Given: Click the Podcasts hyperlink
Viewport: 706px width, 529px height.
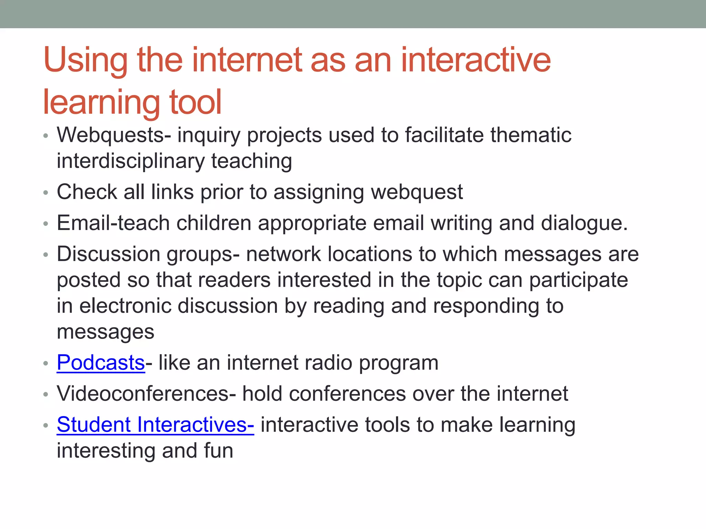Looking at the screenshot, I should click(x=101, y=363).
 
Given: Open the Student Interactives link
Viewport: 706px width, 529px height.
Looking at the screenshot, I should click(x=155, y=424).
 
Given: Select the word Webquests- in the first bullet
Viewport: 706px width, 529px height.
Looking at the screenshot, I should click(x=114, y=135).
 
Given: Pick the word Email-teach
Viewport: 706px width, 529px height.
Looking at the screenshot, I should click(x=113, y=223).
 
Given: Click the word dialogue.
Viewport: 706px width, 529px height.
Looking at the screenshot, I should click(x=584, y=223).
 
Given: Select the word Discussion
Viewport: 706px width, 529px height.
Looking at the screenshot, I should click(x=108, y=254).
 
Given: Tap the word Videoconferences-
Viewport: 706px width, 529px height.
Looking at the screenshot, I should click(x=146, y=394).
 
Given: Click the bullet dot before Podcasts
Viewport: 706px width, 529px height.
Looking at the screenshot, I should click(x=46, y=363).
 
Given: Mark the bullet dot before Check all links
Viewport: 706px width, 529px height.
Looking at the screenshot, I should click(x=46, y=193).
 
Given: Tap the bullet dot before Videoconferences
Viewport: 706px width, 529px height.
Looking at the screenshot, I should click(x=46, y=394).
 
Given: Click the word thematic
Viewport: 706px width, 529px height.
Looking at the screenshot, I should click(x=531, y=135).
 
